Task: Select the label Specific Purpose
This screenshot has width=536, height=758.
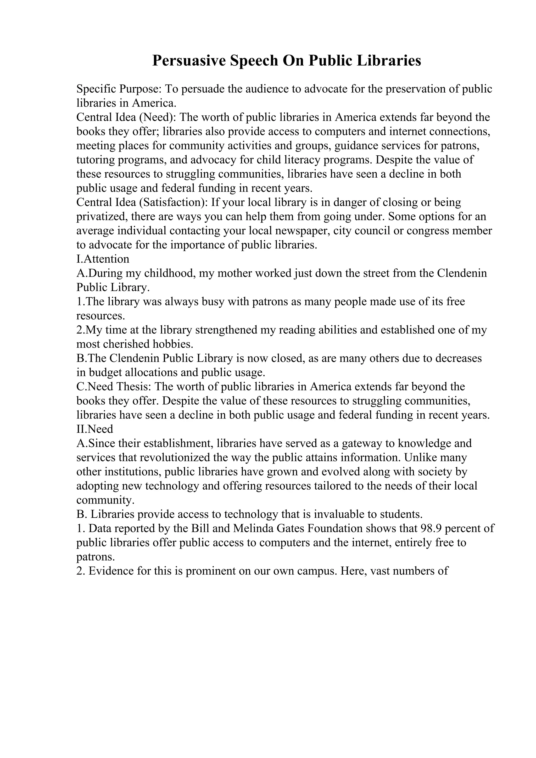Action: (119, 89)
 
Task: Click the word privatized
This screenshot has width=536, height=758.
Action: (102, 217)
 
